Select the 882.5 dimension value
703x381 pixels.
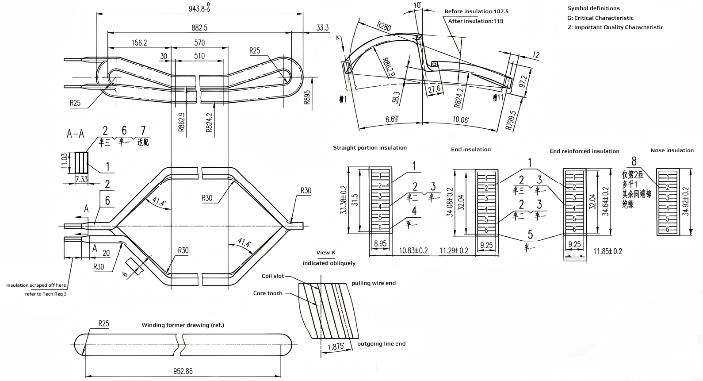[x=199, y=27]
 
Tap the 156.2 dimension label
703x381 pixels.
[x=139, y=42]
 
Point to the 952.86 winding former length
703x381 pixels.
[x=183, y=371]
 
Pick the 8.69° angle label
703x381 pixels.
[x=392, y=119]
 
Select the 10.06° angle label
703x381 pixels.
[x=460, y=119]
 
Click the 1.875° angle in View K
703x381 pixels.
[x=336, y=346]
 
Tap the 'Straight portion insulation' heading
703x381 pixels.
[x=370, y=148]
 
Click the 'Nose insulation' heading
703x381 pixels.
[x=672, y=150]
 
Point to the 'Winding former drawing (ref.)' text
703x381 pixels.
[x=183, y=325]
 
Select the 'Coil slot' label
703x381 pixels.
[x=273, y=276]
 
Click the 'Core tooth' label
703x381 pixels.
[x=267, y=293]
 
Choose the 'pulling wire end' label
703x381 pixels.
[x=374, y=283]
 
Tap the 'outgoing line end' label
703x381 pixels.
[x=381, y=344]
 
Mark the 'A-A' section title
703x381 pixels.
[x=75, y=134]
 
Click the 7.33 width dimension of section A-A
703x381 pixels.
[x=81, y=179]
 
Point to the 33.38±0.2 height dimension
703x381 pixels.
[x=344, y=200]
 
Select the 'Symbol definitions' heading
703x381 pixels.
[x=593, y=8]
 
